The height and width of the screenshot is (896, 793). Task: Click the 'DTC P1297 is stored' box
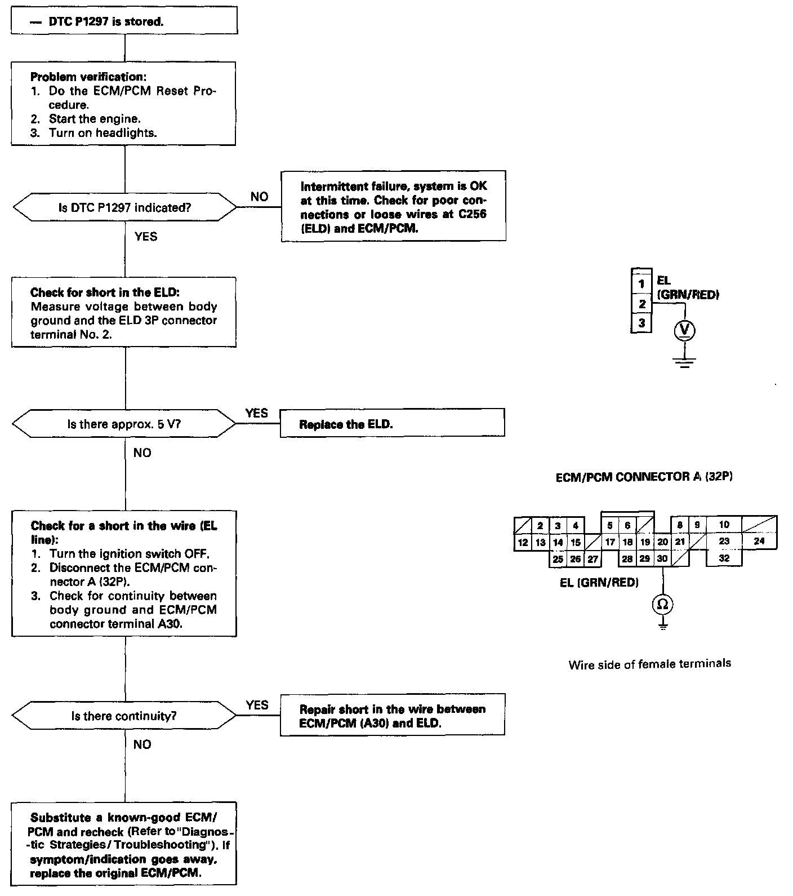[124, 21]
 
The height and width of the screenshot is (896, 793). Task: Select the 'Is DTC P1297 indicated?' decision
[124, 207]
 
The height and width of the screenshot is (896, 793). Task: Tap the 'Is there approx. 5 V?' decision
[124, 424]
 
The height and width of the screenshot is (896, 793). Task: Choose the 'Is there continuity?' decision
[124, 716]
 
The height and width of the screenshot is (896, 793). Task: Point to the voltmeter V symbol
[685, 331]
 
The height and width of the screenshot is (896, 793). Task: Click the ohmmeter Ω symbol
[663, 604]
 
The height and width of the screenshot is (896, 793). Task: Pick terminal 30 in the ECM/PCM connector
[662, 558]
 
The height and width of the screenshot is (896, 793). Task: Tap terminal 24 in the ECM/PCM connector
[759, 541]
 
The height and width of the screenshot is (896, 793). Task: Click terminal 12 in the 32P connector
[523, 542]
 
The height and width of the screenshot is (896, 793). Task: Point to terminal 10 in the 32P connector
[724, 525]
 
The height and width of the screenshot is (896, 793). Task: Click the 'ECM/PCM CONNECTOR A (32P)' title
[644, 477]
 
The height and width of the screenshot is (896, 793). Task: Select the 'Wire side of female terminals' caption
[649, 664]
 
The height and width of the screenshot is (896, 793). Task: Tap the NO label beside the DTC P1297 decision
[259, 197]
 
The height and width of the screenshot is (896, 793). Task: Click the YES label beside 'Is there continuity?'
[257, 705]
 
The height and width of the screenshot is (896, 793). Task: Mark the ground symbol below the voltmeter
[685, 362]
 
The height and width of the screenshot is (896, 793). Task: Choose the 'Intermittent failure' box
[393, 206]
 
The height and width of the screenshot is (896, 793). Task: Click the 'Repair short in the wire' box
[392, 716]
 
